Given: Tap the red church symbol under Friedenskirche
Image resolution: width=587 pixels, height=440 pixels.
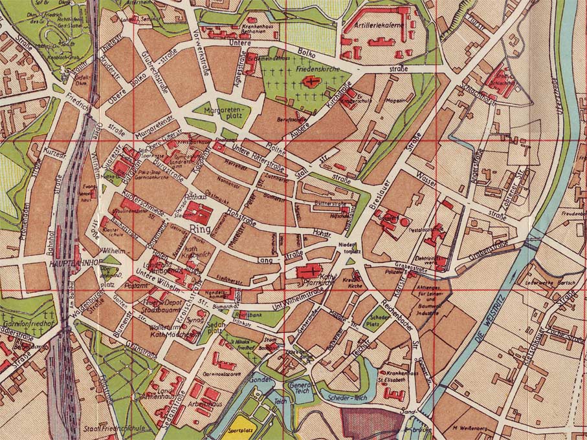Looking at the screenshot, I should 313,81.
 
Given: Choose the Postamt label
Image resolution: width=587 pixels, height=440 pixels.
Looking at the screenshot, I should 138,285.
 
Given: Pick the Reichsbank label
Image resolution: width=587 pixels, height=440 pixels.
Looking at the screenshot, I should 250,315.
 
